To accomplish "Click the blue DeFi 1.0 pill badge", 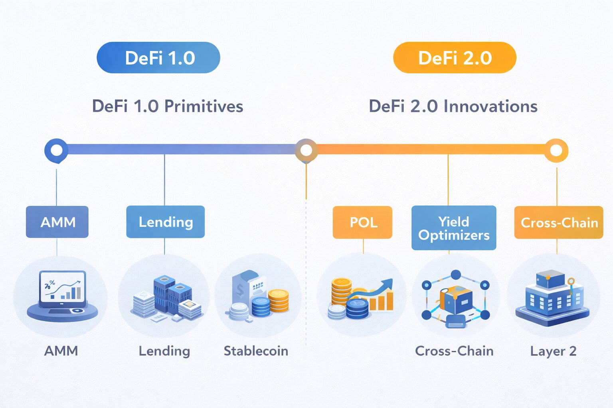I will (x=158, y=58).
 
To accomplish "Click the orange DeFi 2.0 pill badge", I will (x=455, y=58).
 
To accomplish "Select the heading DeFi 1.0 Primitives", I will (x=168, y=106).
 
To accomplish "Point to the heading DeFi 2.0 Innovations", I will (x=453, y=106).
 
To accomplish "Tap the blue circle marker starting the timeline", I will (x=56, y=150).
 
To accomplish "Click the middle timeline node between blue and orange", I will (x=306, y=150).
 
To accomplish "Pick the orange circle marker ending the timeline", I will (x=556, y=150).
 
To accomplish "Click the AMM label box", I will (x=57, y=222).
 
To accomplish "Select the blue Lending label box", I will (x=165, y=222).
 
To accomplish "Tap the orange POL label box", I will (x=363, y=222).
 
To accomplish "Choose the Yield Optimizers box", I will (x=454, y=228).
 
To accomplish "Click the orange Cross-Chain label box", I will (x=559, y=222).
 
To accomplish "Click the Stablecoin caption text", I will (x=256, y=351).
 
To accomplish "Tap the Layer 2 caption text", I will (x=553, y=351).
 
